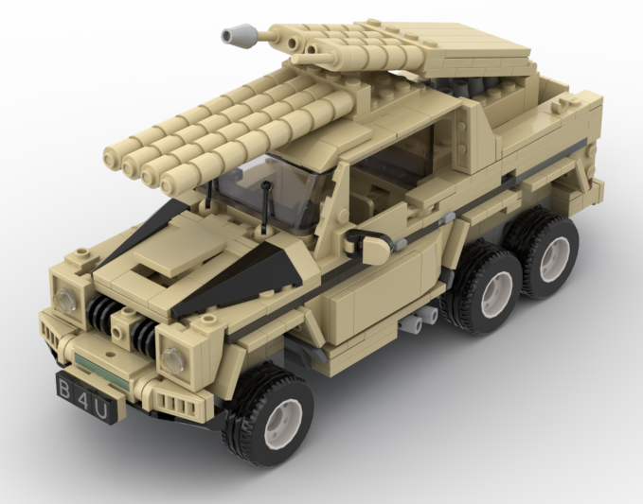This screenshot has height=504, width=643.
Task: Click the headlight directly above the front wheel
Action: [172, 359]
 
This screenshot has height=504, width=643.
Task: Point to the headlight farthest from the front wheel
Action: [66, 300]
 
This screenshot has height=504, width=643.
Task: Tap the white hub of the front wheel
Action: [288, 418]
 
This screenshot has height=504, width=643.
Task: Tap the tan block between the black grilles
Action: [124, 327]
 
